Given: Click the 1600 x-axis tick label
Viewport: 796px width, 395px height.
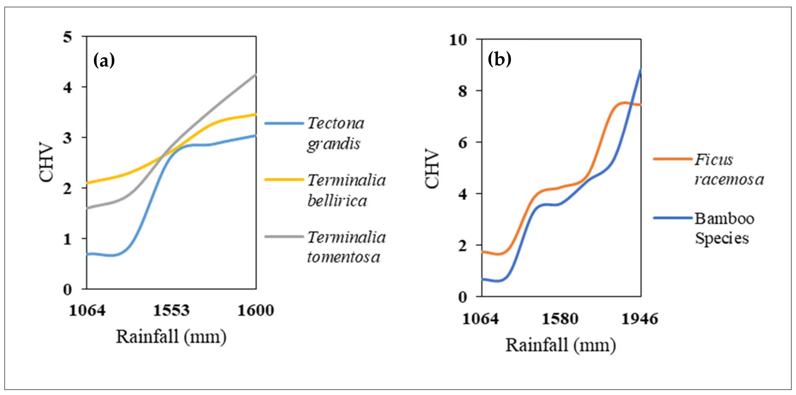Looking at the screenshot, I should (x=256, y=310).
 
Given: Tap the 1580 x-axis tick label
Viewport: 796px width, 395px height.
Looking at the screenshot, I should (x=560, y=319).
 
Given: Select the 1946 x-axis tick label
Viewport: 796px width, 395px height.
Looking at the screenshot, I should (x=640, y=319).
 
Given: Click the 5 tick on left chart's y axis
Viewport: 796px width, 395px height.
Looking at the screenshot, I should (x=67, y=37).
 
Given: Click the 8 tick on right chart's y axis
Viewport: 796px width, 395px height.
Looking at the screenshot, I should (x=463, y=91).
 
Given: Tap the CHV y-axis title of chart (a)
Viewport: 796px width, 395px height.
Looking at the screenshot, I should (x=47, y=162).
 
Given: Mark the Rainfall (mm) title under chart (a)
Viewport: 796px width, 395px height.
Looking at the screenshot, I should (x=171, y=337).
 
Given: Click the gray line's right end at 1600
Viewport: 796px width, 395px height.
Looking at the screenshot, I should (x=256, y=74).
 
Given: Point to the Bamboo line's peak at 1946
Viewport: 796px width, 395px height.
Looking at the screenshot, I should (x=640, y=70).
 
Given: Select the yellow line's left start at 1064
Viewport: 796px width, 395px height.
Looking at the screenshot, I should (x=88, y=183).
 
